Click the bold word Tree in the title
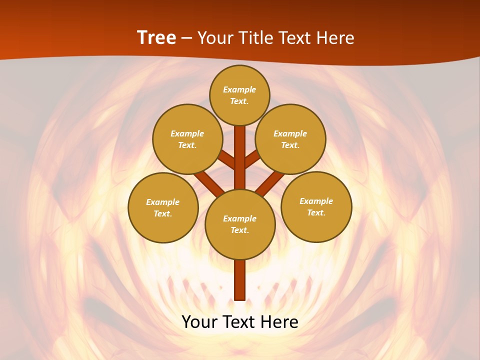click(x=156, y=38)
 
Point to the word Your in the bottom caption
click(x=198, y=321)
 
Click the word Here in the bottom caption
click(x=279, y=321)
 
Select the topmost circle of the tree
click(x=239, y=95)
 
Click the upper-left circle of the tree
click(x=187, y=139)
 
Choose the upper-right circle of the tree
click(x=290, y=139)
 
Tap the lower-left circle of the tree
click(x=163, y=207)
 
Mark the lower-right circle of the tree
click(x=316, y=206)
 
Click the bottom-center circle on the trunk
click(x=239, y=224)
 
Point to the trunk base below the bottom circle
click(x=239, y=280)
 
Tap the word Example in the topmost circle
click(x=239, y=89)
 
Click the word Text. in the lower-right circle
click(x=316, y=212)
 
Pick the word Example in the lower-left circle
click(x=163, y=202)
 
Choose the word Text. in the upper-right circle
click(x=290, y=145)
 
